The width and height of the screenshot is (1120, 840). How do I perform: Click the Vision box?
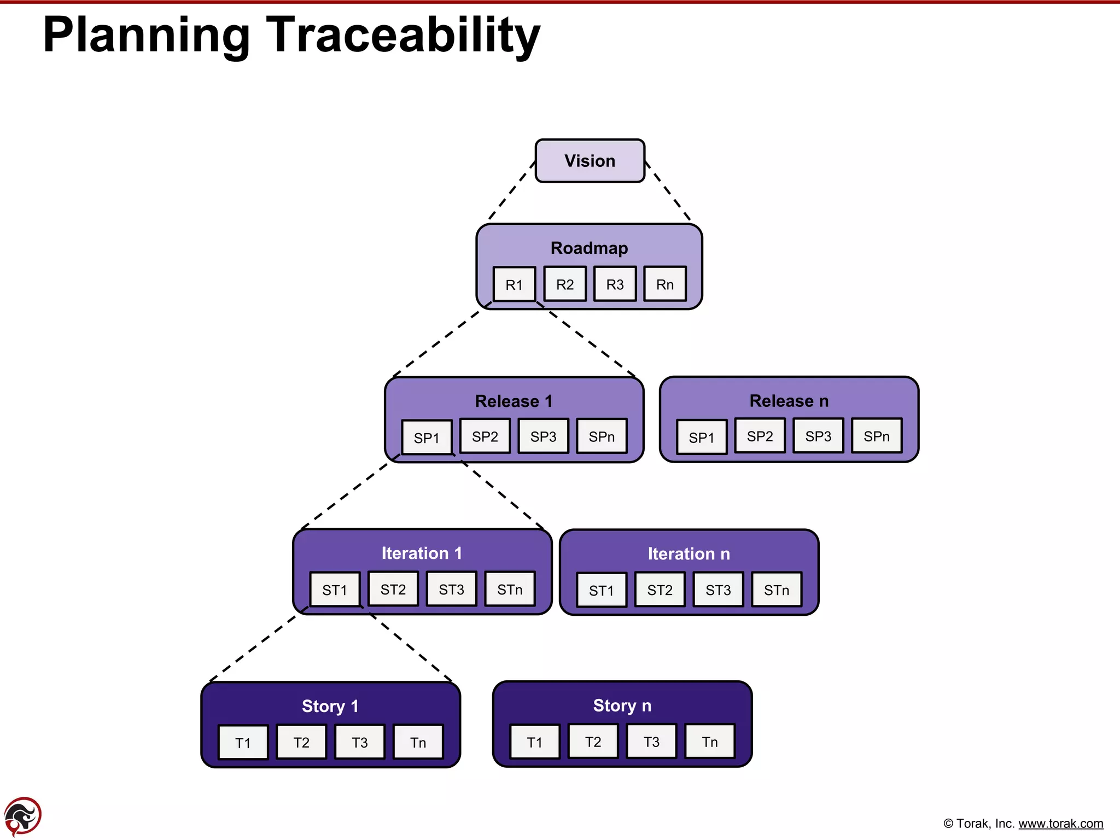(x=590, y=161)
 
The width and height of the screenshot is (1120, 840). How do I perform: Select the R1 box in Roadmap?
(x=514, y=284)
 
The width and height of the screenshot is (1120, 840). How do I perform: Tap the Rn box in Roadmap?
(x=664, y=284)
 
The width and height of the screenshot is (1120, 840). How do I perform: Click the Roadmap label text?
(x=589, y=248)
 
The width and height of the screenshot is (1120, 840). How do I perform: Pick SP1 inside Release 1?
(x=427, y=437)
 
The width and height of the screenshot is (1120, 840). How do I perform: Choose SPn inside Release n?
(x=876, y=436)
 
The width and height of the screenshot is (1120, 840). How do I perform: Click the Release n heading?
(x=789, y=401)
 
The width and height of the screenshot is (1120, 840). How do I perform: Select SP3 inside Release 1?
(x=543, y=436)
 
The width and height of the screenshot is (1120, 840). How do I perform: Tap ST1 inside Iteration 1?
(x=335, y=590)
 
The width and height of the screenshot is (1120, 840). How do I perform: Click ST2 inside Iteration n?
(x=660, y=590)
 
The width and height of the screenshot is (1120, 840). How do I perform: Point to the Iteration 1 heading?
(x=422, y=553)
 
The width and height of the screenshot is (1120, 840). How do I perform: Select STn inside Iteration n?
(x=776, y=590)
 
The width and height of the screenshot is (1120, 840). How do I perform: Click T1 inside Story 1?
(x=243, y=743)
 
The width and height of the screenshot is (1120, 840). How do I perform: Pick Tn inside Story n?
(x=709, y=742)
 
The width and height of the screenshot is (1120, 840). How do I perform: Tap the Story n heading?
(x=622, y=705)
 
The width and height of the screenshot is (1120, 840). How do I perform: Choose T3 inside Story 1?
(x=359, y=742)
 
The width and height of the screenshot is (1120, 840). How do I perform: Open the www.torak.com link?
(x=1060, y=824)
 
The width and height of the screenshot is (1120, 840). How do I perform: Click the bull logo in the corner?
(x=22, y=816)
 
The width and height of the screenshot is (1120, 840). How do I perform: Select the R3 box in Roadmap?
(x=615, y=284)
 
